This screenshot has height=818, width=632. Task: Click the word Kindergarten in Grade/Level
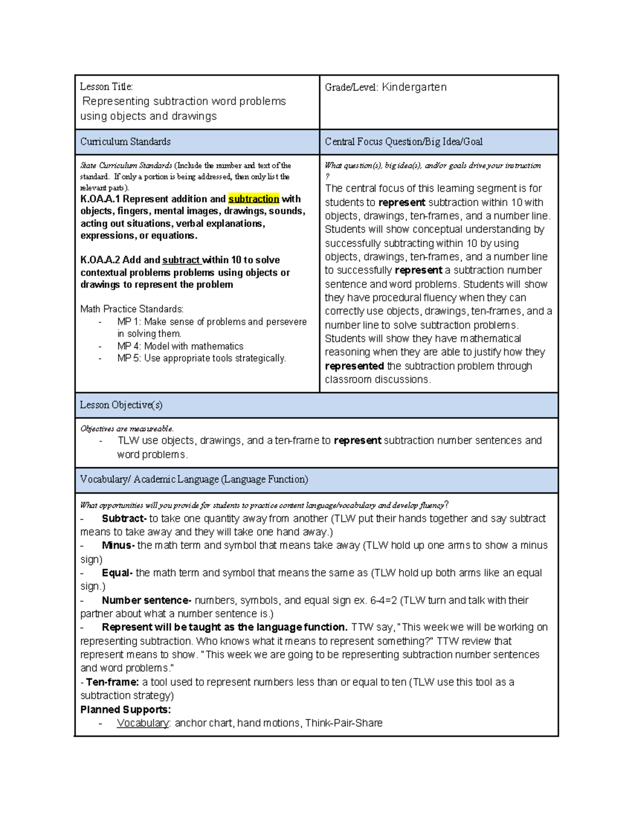pyautogui.click(x=414, y=87)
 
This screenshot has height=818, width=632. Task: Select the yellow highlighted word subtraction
pyautogui.click(x=253, y=199)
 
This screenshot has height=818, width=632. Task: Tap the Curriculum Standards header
pyautogui.click(x=125, y=142)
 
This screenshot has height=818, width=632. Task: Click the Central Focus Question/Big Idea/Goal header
pyautogui.click(x=403, y=142)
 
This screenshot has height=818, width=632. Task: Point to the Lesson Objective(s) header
pyautogui.click(x=121, y=405)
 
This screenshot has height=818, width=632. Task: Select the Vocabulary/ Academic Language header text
pyautogui.click(x=194, y=479)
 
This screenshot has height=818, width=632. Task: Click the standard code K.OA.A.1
pyautogui.click(x=100, y=199)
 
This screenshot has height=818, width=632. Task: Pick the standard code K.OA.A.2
pyautogui.click(x=100, y=260)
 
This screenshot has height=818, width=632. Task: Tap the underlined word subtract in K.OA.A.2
pyautogui.click(x=181, y=260)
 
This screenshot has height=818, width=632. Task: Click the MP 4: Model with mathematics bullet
pyautogui.click(x=180, y=346)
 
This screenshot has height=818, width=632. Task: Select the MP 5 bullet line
pyautogui.click(x=201, y=359)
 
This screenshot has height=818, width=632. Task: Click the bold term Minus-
pyautogui.click(x=118, y=546)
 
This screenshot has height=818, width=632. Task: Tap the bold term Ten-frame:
pyautogui.click(x=112, y=682)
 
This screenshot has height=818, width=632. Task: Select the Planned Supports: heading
pyautogui.click(x=125, y=709)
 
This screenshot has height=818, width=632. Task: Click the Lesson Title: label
pyautogui.click(x=106, y=87)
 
